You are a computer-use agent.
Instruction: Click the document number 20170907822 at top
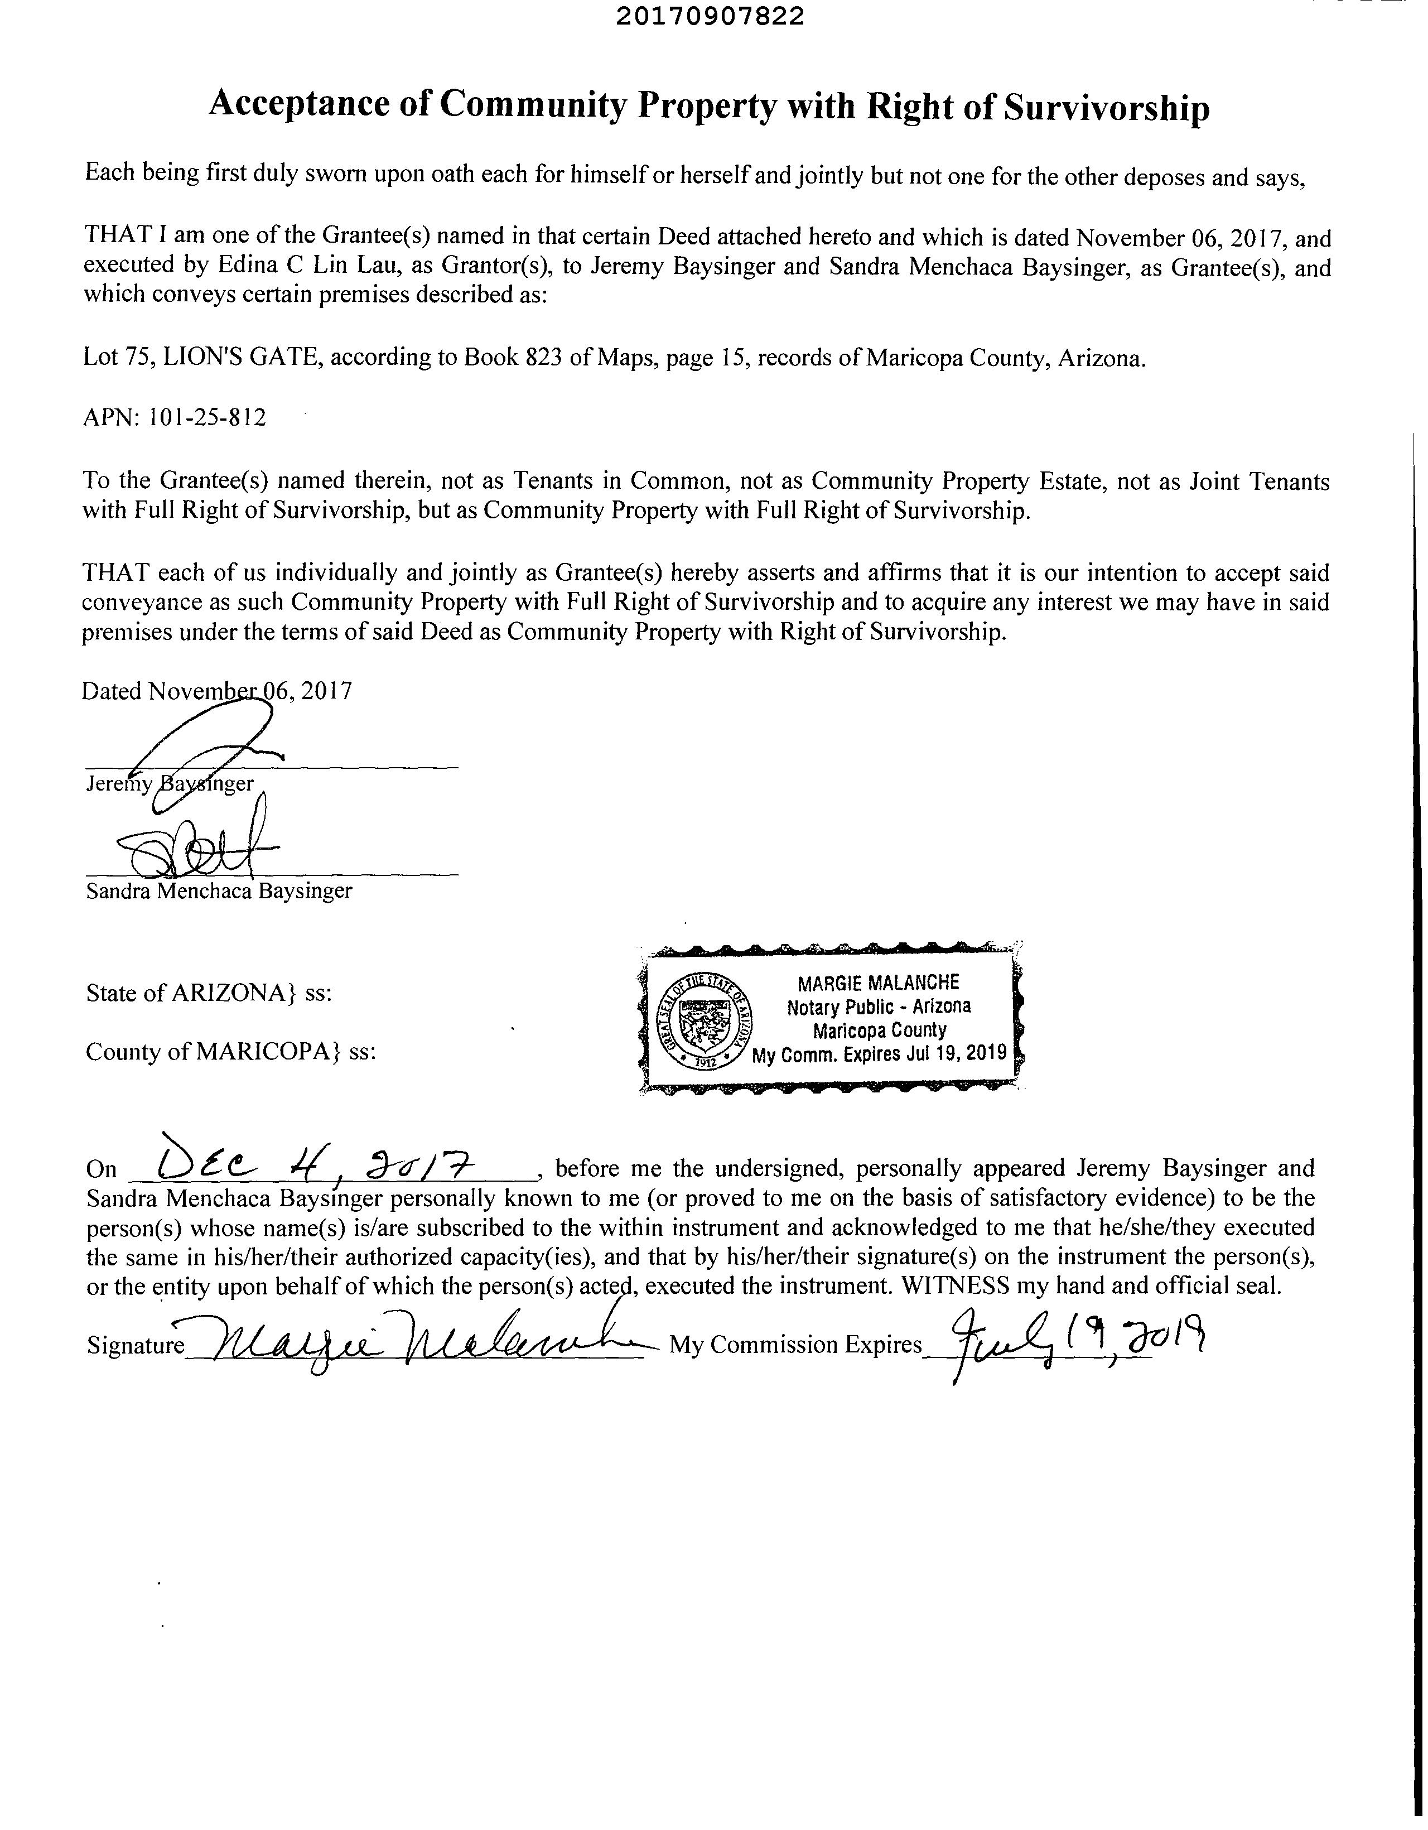pyautogui.click(x=710, y=16)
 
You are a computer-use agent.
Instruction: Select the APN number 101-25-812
pyautogui.click(x=207, y=417)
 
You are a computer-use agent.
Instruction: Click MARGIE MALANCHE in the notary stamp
pyautogui.click(x=878, y=982)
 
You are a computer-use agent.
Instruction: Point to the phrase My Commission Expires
pyautogui.click(x=795, y=1345)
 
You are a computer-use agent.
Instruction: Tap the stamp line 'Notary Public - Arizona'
pyautogui.click(x=879, y=1007)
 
